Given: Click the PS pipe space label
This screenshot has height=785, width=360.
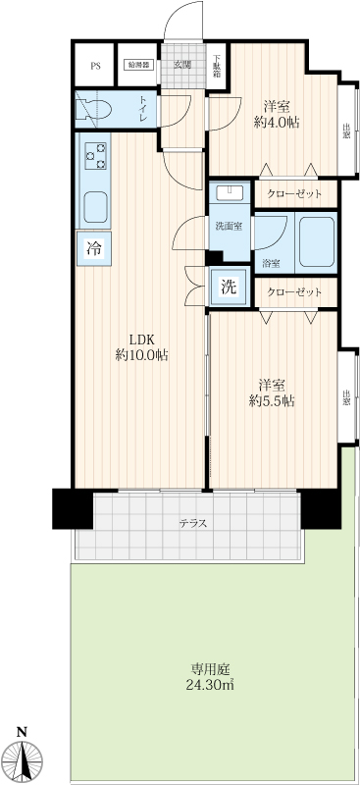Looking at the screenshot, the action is pos(95,66).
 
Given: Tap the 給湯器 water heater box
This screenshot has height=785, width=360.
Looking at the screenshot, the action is pos(138,65).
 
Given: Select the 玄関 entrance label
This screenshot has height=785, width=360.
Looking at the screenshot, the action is pos(182,64).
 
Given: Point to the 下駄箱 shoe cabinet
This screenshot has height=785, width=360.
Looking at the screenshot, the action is pos(217,66).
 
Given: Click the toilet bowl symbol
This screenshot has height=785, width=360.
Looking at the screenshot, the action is pos(93,109).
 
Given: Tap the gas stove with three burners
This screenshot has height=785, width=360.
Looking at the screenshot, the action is pos(95,156).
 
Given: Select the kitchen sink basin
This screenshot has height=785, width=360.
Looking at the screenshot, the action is pos(95,207).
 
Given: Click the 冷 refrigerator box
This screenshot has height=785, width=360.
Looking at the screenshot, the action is pos(93,248).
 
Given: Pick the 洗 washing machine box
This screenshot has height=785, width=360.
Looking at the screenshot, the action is pos(229,287).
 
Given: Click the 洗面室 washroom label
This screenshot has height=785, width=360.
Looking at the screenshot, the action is pos(229,226).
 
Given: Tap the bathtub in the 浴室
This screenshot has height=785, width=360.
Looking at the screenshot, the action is pos(317,241).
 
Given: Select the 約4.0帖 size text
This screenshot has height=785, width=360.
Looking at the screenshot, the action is pos(276,123).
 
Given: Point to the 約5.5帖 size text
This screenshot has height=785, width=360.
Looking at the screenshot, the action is pos(272,401).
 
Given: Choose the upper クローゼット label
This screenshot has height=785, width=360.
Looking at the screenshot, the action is pos(295,194).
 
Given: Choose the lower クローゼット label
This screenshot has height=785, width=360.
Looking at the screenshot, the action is pos(295,291).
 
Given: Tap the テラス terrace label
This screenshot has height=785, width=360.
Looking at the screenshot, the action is pos(193,524).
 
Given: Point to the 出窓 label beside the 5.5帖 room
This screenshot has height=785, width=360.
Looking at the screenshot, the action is pos(346,398).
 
